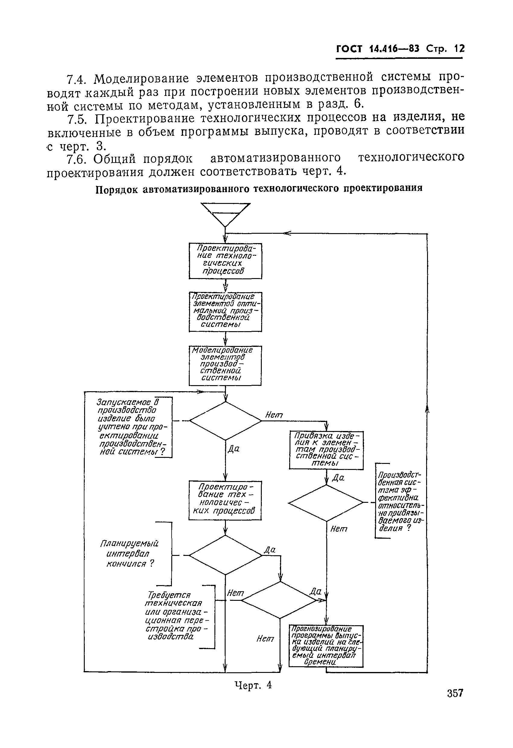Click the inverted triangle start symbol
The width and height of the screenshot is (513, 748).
[x=225, y=214]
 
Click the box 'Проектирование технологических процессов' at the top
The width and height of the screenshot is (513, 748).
[x=225, y=261]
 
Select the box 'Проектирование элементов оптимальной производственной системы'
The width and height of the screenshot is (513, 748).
[x=225, y=312]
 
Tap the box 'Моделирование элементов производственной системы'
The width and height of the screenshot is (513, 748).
[x=225, y=365]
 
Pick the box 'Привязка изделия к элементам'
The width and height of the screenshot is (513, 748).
[x=326, y=450]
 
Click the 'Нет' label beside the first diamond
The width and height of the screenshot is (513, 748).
[x=274, y=415]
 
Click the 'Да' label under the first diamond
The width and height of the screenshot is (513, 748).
[x=234, y=449]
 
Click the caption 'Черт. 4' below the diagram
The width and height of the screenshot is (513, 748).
[x=253, y=685]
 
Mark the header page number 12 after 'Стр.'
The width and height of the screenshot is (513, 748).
[x=459, y=49]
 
